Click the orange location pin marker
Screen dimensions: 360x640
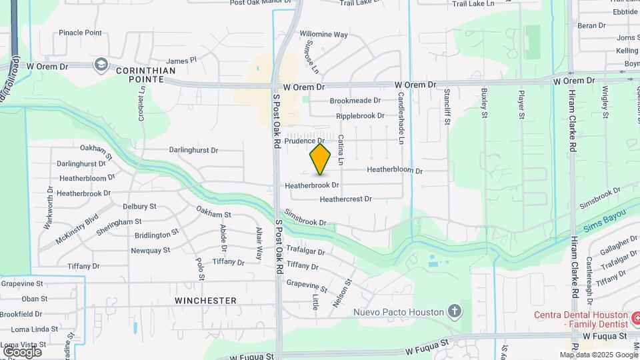tap(321, 159)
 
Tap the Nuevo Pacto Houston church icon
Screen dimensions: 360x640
tap(455, 311)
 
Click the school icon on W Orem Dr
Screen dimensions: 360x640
tap(101, 64)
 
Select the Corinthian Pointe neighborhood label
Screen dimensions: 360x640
tap(146, 74)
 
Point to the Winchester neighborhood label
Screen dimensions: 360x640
tap(205, 301)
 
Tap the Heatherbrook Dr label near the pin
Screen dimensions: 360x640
tap(312, 185)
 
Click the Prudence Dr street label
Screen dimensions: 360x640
tap(304, 141)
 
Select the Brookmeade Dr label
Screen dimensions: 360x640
tap(355, 101)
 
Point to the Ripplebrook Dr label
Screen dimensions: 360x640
tap(360, 115)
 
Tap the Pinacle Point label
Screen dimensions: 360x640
tap(80, 32)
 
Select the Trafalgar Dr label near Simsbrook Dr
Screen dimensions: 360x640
tap(305, 251)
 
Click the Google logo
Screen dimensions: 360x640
tap(22, 351)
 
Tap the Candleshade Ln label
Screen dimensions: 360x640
tap(401, 110)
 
